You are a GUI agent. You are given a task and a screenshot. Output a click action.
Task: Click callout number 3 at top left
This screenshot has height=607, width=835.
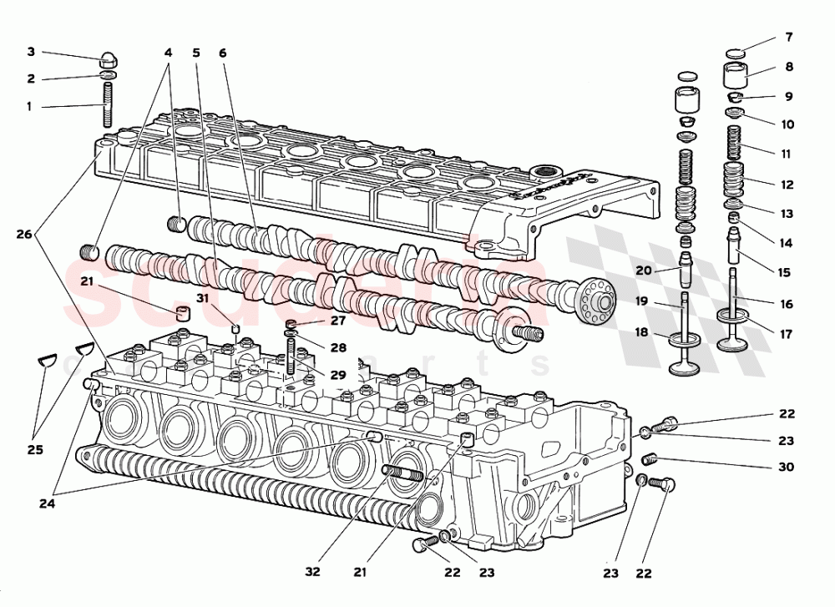tap(31, 52)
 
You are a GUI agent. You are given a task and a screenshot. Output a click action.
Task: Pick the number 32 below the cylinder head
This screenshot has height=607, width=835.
tap(312, 572)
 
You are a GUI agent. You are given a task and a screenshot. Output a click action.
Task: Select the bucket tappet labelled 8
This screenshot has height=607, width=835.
tap(734, 76)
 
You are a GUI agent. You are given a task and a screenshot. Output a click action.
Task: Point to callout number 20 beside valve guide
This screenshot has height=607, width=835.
tap(643, 271)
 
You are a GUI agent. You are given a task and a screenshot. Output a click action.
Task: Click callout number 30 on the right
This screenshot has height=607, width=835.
tap(786, 468)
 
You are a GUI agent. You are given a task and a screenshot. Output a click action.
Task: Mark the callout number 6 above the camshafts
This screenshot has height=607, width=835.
tap(223, 52)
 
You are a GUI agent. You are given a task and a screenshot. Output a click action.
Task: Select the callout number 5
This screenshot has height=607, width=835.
tap(196, 52)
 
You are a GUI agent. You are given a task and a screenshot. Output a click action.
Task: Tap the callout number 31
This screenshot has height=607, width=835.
tap(203, 299)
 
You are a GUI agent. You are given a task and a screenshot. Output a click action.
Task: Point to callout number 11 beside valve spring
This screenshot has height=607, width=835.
tap(786, 154)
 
